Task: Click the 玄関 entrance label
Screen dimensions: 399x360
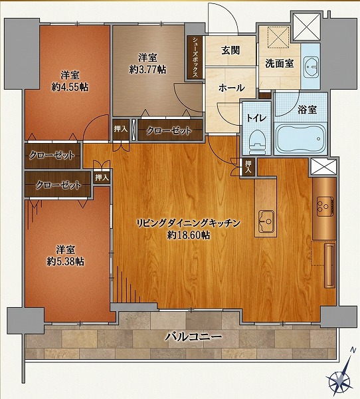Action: point(230,51)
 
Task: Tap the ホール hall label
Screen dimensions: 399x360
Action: point(230,88)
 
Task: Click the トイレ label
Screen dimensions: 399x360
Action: point(256,118)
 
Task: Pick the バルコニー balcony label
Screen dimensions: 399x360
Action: point(193,337)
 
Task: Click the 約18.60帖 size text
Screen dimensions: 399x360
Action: point(189,235)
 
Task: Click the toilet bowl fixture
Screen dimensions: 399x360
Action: point(256,142)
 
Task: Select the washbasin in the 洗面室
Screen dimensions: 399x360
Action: point(310,65)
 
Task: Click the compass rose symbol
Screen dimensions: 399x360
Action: point(340,380)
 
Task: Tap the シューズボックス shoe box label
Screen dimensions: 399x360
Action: point(195,58)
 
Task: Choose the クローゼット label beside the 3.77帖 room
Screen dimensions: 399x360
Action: point(169,131)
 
